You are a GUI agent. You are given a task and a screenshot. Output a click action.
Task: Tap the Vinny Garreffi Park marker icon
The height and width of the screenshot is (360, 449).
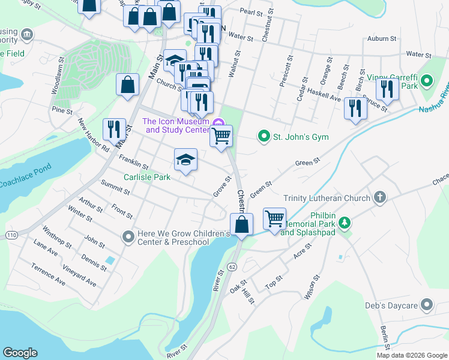pos(427,80)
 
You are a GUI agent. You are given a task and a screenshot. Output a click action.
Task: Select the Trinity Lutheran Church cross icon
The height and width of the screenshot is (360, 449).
pos(379,197)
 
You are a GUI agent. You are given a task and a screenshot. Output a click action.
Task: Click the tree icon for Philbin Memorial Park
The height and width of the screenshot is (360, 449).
pos(345,223)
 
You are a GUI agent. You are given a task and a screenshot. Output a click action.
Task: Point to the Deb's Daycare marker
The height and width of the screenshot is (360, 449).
pos(427,305)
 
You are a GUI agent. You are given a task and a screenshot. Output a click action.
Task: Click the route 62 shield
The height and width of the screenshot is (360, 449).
pos(232,265)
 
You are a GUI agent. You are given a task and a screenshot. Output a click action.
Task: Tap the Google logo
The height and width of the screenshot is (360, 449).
pos(20,353)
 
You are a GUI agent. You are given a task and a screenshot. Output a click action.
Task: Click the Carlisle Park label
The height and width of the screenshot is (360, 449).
pos(147,177)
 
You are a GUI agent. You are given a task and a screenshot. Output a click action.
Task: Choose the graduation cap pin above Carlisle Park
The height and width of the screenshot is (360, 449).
pos(185,160)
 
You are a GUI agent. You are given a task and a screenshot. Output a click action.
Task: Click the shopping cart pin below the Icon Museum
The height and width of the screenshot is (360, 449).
pos(221,136)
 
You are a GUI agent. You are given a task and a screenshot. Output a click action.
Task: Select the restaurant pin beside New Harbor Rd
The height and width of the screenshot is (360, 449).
pos(113,129)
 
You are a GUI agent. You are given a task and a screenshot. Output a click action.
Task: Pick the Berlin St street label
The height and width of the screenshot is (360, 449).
pos(385,338)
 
